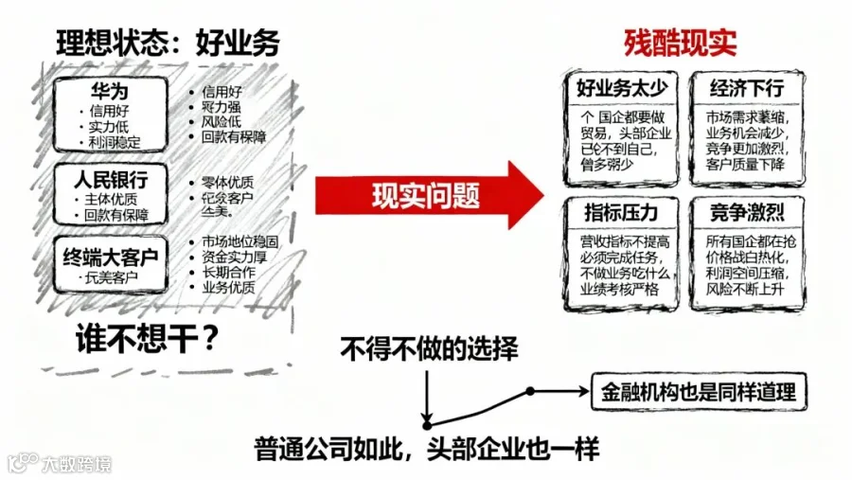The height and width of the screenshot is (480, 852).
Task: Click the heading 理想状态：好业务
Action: [x=168, y=42]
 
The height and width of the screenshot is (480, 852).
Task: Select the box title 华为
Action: [x=110, y=92]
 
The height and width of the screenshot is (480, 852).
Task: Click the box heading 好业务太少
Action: [x=623, y=89]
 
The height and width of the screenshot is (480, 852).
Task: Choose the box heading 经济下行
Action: [x=747, y=89]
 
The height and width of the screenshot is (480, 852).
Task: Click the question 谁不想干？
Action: [x=142, y=339]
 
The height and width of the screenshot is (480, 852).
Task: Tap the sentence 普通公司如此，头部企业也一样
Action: [x=427, y=449]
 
